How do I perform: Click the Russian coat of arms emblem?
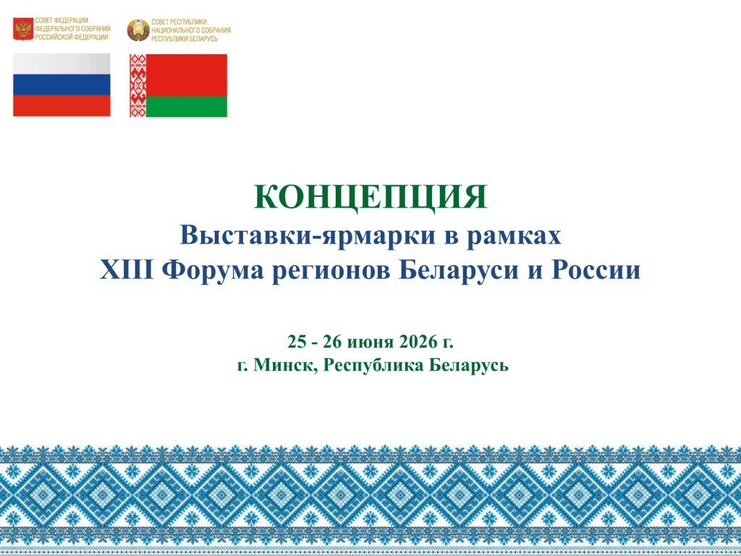tap(23, 29)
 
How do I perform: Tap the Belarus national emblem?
tap(138, 30)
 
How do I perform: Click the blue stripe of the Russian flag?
tap(62, 85)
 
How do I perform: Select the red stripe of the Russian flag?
tap(62, 106)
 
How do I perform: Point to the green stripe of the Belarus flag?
tap(187, 106)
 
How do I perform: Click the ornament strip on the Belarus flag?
tap(138, 85)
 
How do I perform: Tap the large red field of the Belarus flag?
tap(187, 75)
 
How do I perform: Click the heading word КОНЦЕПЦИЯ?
tap(370, 197)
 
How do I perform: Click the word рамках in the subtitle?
tap(515, 236)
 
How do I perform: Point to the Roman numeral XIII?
tap(127, 270)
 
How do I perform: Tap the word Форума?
tap(213, 271)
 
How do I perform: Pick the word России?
tap(596, 271)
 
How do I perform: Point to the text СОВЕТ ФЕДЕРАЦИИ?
tap(62, 21)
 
